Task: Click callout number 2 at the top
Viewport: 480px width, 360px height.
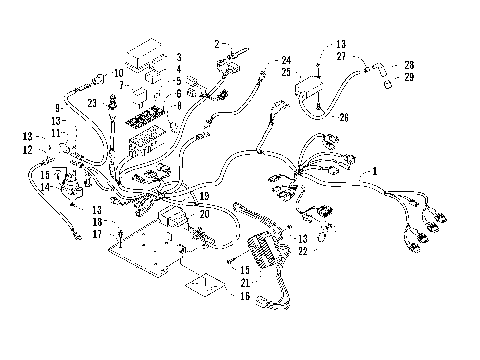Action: coord(215,45)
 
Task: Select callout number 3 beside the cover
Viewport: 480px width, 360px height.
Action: coord(178,58)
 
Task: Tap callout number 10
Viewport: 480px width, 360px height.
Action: coord(118,74)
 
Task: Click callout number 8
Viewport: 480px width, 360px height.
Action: coord(178,105)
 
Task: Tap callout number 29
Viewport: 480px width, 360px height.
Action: coord(409,77)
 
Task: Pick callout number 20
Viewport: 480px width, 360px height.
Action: coord(204,213)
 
